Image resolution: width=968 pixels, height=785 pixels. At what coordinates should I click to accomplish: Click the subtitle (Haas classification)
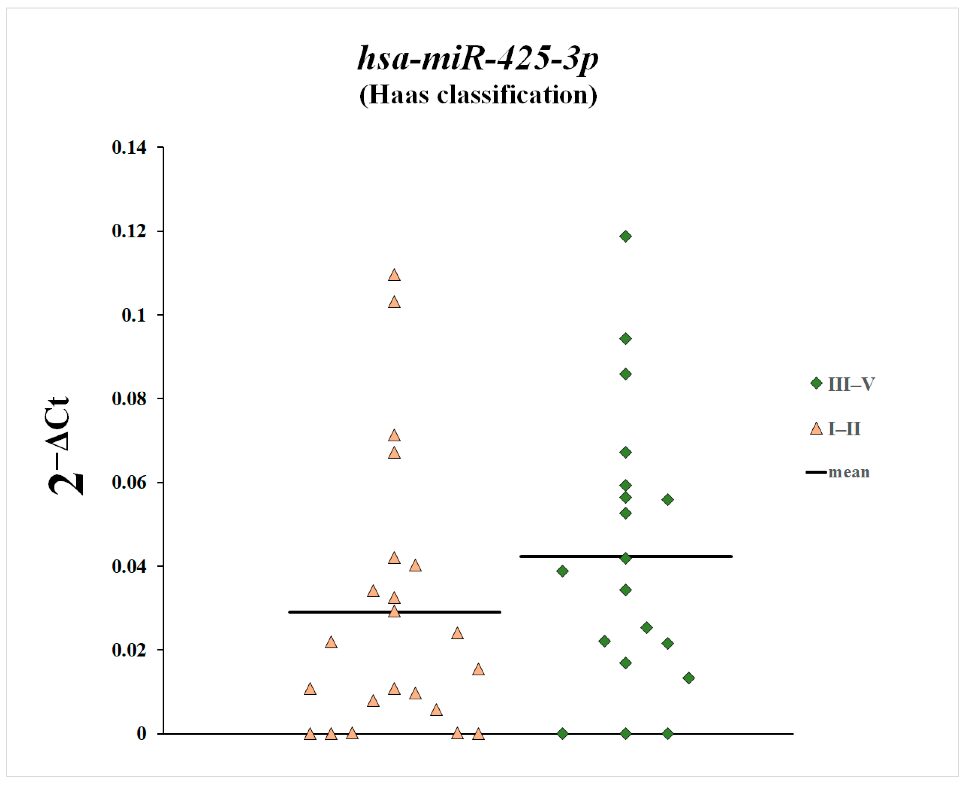point(478,95)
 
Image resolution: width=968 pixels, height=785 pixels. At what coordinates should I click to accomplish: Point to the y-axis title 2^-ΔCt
point(66,446)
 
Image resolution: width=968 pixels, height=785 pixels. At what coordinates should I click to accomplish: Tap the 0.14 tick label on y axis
point(129,147)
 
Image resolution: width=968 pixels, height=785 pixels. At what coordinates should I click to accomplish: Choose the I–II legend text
point(844,429)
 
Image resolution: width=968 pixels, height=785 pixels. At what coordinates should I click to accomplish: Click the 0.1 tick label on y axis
point(134,315)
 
